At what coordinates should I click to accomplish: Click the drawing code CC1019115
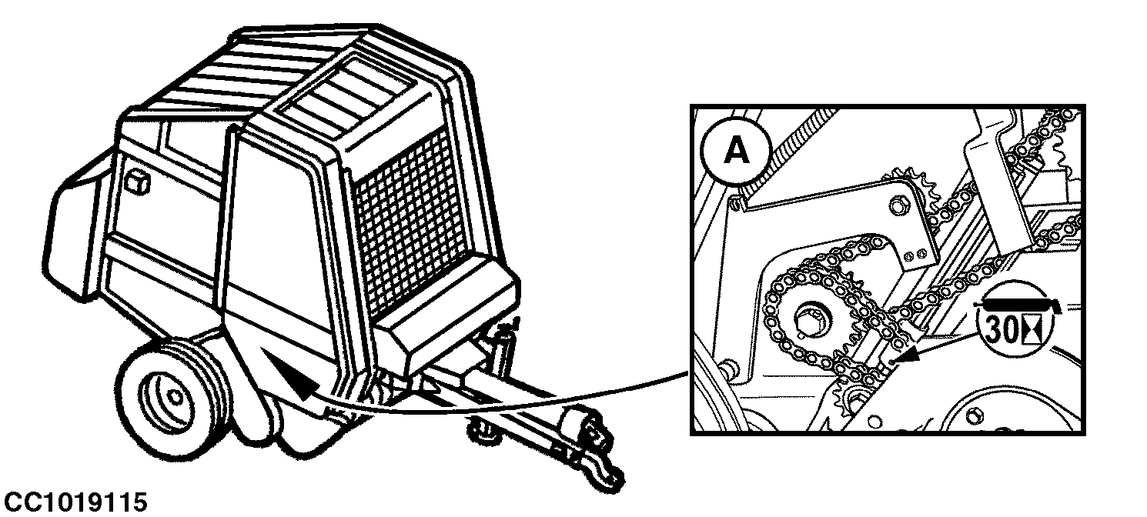click(75, 502)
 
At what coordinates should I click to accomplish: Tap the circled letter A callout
click(737, 151)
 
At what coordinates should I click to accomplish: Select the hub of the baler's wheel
click(173, 396)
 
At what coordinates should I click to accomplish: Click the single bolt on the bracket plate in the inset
click(897, 205)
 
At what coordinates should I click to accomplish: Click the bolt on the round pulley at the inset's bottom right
click(975, 416)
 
